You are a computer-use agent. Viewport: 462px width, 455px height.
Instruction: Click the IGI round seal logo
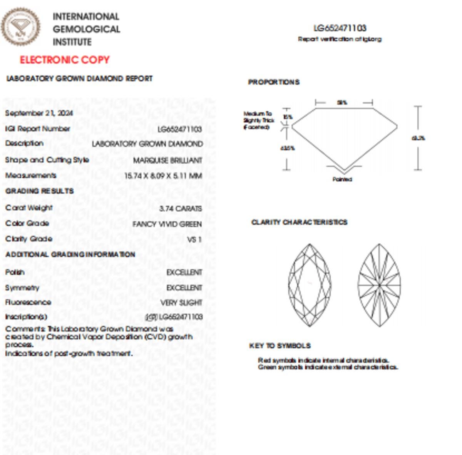coord(20,27)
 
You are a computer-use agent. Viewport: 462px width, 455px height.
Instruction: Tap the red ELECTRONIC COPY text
coord(65,60)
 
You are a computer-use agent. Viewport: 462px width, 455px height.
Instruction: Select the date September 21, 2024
coord(39,113)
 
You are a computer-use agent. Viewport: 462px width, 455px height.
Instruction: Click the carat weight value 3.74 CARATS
coord(180,209)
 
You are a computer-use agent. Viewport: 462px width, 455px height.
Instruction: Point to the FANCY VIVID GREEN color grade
coord(167,224)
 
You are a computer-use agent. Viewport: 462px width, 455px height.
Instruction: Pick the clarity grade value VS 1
coord(194,239)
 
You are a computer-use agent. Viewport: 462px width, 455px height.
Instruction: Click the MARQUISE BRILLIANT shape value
coord(167,160)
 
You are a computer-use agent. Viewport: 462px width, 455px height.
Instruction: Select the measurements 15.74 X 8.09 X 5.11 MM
coord(163,176)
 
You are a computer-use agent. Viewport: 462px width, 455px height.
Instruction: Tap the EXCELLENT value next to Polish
coord(184,273)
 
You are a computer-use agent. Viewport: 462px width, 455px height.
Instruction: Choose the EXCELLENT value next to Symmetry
coord(184,288)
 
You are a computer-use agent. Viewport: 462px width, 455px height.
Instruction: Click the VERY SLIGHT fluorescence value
coord(181,303)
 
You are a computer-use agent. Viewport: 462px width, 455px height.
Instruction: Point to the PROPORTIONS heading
coord(274,82)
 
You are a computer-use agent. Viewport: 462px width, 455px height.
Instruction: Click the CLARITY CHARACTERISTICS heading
coord(299,222)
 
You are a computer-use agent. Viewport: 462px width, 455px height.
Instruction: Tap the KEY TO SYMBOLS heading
coord(280,346)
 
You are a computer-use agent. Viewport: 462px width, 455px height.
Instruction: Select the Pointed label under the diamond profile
coord(342,179)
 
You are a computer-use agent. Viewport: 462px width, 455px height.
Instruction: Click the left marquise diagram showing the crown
coord(310,285)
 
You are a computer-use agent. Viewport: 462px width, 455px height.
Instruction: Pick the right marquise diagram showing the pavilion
coord(379,285)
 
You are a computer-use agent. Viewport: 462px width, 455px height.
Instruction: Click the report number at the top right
coord(340,28)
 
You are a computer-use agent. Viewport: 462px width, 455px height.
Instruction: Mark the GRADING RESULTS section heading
coord(39,191)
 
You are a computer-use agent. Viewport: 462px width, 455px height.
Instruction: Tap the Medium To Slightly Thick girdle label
coord(258,120)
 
